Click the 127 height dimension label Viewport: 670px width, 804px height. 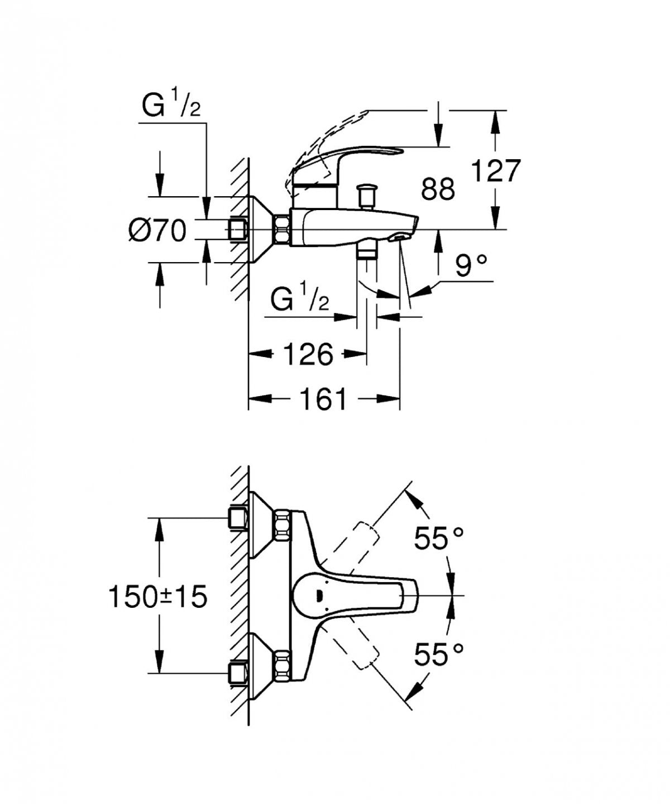(x=496, y=170)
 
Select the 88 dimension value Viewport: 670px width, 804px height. (x=438, y=189)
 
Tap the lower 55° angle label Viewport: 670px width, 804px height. (x=439, y=654)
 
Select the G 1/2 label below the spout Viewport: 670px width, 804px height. (x=299, y=301)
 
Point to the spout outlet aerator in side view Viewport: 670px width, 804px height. (x=399, y=238)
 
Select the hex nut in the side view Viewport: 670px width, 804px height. (x=281, y=230)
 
